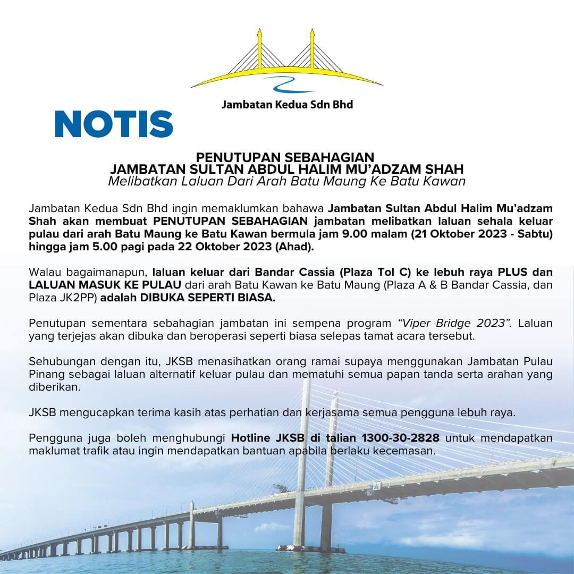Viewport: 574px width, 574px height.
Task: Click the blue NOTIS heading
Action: point(114,124)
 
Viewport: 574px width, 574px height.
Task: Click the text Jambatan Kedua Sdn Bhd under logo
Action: point(287,104)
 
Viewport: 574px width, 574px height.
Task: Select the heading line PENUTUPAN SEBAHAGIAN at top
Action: point(286,158)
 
